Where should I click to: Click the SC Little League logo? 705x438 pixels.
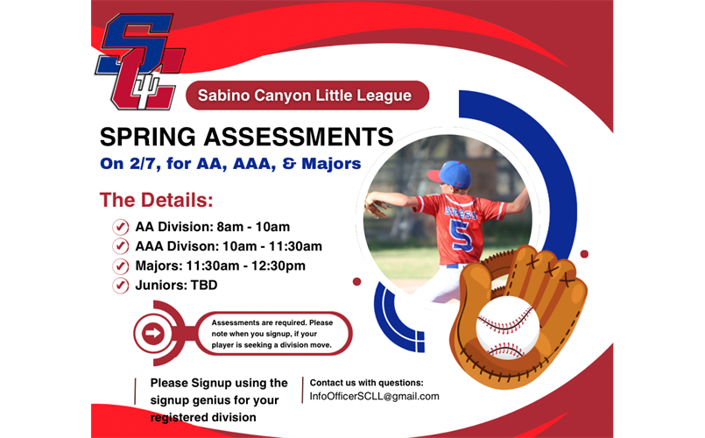[x=140, y=63]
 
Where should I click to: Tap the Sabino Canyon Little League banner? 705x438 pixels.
[x=307, y=95]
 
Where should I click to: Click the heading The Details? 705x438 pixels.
[x=157, y=199]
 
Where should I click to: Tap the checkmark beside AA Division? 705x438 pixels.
[x=121, y=227]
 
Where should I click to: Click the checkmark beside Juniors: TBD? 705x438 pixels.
[x=121, y=285]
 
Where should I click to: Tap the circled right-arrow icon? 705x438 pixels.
[x=153, y=333]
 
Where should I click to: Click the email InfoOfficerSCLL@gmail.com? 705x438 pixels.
[x=375, y=396]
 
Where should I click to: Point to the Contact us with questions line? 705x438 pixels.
[x=367, y=382]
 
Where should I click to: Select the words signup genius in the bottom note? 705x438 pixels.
[x=189, y=399]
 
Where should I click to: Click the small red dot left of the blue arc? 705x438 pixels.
[x=357, y=281]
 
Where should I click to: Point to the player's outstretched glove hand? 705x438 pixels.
[x=377, y=208]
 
